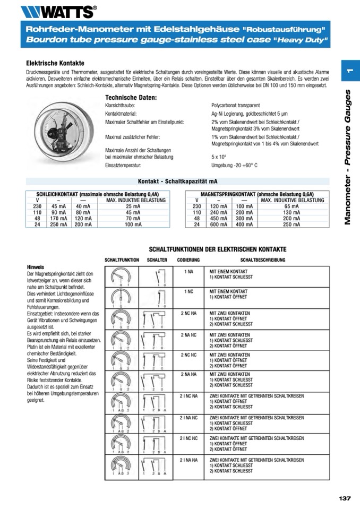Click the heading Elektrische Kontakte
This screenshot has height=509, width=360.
[55, 63]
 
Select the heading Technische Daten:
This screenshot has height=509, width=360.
[131, 98]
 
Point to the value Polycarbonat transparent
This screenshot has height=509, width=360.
[235, 106]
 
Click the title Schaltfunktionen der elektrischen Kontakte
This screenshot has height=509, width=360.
[218, 249]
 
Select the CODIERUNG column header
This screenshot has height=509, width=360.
[188, 260]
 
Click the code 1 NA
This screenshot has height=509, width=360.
[188, 271]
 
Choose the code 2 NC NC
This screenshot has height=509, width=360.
[188, 355]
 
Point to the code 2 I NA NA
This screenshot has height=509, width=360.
[188, 459]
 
